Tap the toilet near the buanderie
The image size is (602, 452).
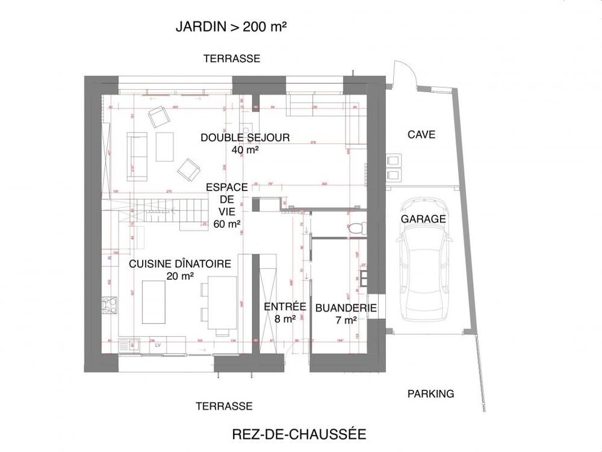[357, 228]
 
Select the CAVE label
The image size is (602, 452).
[421, 134]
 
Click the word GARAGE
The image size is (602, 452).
[424, 219]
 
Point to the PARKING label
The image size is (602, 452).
[430, 394]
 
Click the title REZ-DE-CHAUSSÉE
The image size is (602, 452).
[299, 434]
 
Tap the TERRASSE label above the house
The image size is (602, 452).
[232, 58]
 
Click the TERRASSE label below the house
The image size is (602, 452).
[224, 406]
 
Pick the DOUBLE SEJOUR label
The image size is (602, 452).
[245, 137]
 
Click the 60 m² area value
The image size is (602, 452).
[227, 224]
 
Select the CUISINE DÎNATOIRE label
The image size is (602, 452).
[181, 263]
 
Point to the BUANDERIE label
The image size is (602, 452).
[346, 307]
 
